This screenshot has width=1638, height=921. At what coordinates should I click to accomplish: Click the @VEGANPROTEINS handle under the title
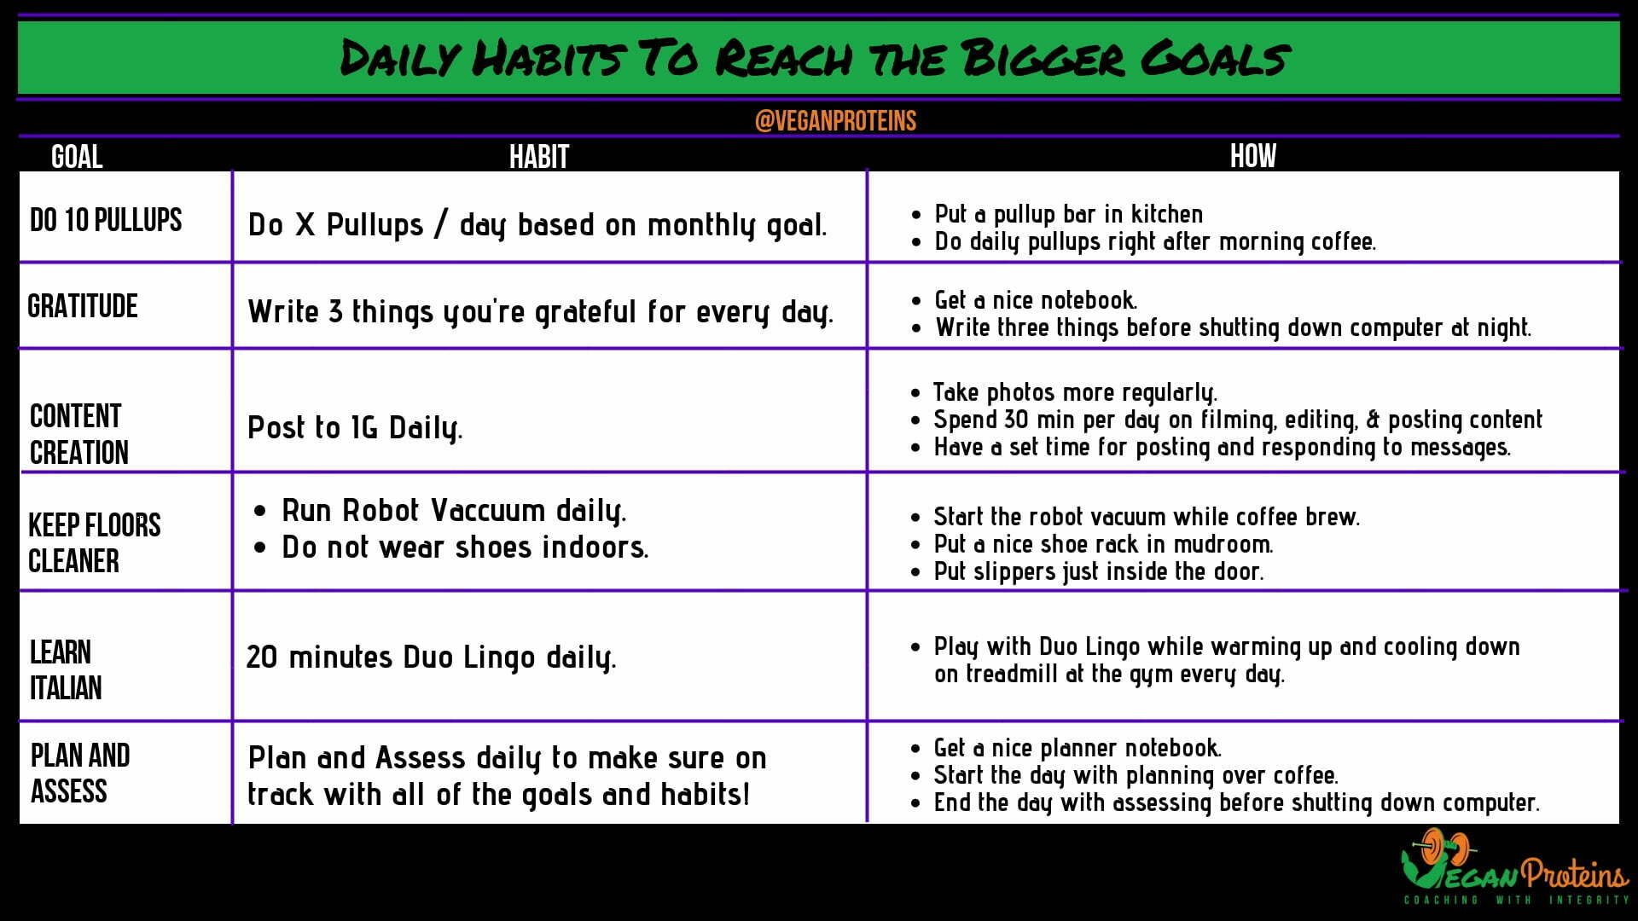click(835, 120)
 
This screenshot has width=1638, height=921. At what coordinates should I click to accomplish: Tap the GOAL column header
click(77, 157)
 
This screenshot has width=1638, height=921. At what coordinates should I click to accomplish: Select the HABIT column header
click(539, 157)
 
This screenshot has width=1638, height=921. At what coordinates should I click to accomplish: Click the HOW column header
click(1253, 156)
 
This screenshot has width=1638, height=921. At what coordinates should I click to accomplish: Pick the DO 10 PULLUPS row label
click(106, 220)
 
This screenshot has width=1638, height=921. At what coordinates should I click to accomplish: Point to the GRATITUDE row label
click(83, 306)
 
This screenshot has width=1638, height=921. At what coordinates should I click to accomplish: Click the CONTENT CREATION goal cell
click(79, 434)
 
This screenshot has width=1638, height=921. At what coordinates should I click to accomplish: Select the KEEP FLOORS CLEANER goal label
click(95, 543)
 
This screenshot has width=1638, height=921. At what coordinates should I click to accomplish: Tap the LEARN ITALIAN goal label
click(66, 669)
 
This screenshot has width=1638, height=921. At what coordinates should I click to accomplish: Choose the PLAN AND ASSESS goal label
click(80, 773)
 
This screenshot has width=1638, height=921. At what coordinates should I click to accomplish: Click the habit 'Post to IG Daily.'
click(355, 428)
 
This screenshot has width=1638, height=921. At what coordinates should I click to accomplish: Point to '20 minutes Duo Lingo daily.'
click(431, 657)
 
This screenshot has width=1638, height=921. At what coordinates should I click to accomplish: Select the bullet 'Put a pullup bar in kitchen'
click(1069, 214)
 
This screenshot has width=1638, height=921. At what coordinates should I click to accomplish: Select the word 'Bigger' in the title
click(1042, 58)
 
